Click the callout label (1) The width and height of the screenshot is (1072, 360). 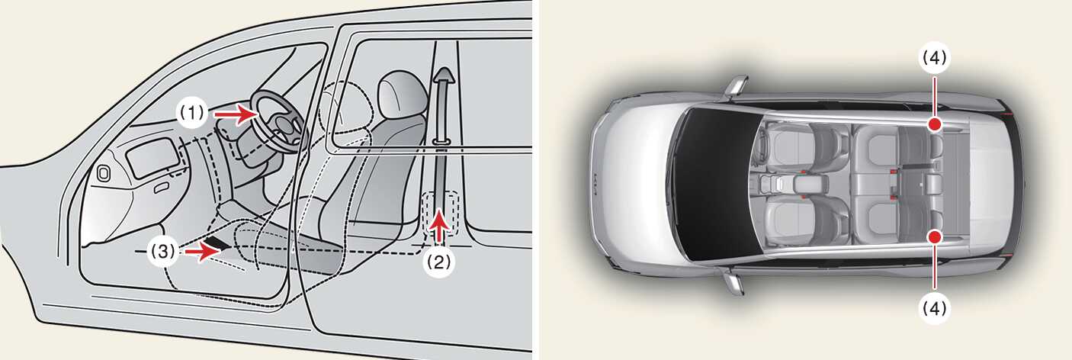(x=192, y=113)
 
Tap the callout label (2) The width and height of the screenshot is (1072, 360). (x=439, y=262)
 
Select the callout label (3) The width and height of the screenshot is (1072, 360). (x=163, y=251)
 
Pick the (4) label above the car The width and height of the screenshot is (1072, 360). (x=934, y=59)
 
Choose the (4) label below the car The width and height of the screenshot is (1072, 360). (x=934, y=309)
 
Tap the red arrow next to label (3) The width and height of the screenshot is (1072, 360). (x=202, y=251)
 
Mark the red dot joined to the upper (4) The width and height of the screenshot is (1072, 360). (x=935, y=124)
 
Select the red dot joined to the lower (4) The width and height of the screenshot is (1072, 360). (x=935, y=236)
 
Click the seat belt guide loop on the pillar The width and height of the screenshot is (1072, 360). (x=441, y=141)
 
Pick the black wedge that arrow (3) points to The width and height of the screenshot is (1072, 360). (x=218, y=242)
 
